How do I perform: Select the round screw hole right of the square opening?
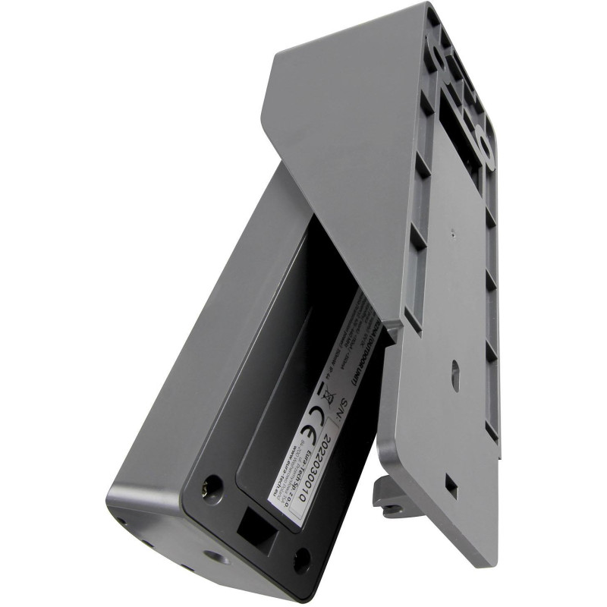pyautogui.click(x=302, y=560)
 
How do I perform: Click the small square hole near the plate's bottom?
pyautogui.click(x=451, y=486)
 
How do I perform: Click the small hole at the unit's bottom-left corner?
pyautogui.click(x=121, y=524)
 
